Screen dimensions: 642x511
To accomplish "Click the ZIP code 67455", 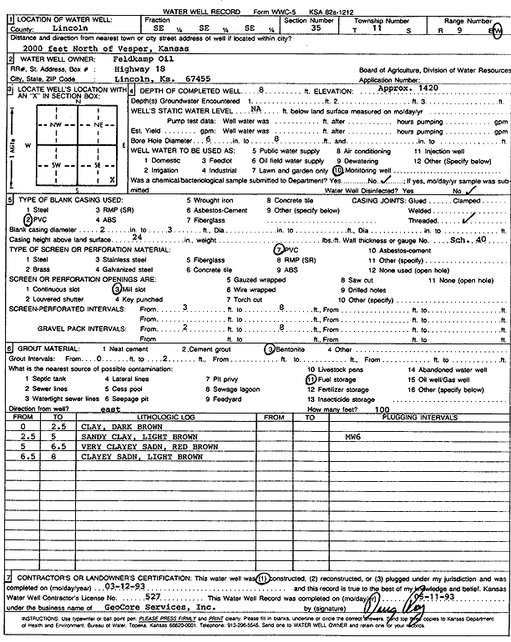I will click(188, 78).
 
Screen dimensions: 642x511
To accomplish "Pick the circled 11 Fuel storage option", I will click(309, 378).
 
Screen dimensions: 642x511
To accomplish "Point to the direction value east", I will click(110, 409).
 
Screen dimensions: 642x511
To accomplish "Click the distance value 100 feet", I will click(382, 409).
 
